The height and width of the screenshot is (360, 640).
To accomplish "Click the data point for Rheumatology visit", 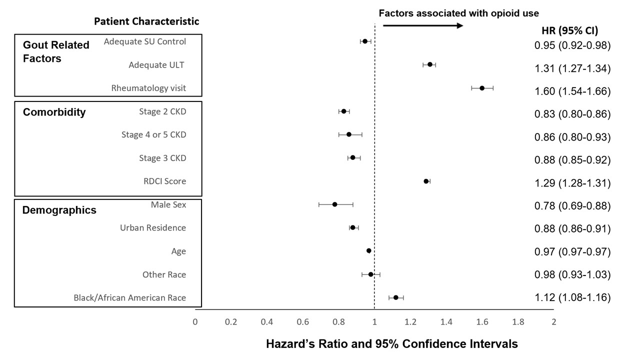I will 482,88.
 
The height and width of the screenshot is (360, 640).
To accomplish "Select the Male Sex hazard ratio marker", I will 334,204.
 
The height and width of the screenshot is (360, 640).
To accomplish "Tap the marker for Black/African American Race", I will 396,297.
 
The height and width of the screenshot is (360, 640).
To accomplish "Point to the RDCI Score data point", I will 426,181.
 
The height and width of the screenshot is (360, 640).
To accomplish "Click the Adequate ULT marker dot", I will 430,64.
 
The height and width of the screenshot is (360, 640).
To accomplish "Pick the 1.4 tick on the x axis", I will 446,321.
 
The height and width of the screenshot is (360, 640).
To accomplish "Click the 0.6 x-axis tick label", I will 302,321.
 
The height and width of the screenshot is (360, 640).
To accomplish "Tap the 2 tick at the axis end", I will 553,321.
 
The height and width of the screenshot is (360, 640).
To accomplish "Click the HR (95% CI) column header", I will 569,30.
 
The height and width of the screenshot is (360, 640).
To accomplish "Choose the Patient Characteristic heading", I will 146,21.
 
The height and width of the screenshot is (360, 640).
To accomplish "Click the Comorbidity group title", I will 54,112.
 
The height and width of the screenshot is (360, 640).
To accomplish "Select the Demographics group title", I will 59,210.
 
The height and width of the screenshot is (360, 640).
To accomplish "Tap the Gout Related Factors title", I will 56,51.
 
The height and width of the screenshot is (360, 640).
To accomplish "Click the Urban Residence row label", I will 153,228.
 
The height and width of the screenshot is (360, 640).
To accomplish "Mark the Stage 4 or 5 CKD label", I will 153,135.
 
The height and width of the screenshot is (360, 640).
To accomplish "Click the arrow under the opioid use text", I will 423,25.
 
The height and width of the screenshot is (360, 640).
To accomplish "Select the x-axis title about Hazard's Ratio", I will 391,344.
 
